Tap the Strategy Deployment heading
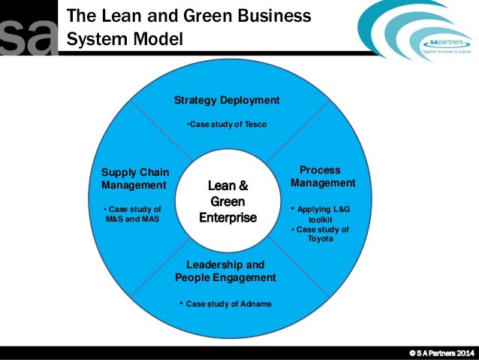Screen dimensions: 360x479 coord(227,100)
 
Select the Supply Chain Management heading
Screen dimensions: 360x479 coord(134,179)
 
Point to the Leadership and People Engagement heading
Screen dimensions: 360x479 coord(225,271)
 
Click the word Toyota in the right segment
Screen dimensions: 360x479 coord(322,239)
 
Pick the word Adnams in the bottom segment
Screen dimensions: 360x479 coord(255,304)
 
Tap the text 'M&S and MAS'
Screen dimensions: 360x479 coord(134,218)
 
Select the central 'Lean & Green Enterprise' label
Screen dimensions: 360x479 coord(227,201)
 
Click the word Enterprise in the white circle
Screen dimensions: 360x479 coord(227,218)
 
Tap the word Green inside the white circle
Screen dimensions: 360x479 coord(227,201)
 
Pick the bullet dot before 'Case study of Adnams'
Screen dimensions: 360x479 coord(181,303)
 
